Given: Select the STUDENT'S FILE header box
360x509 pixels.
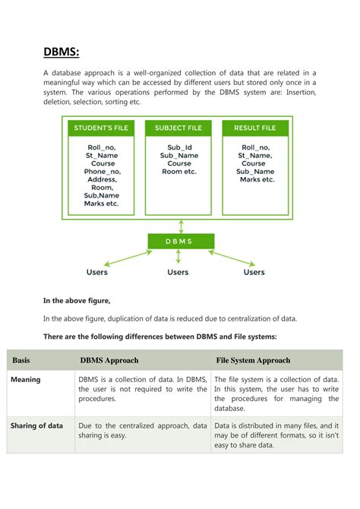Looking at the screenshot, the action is (x=101, y=128).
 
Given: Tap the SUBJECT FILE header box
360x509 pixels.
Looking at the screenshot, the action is (x=179, y=128).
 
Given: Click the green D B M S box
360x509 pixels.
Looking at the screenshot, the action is (x=180, y=242).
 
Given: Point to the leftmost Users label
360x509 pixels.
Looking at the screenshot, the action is (x=97, y=272).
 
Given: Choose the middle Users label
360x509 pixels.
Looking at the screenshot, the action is (x=178, y=272).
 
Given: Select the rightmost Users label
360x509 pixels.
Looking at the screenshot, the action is (x=254, y=272).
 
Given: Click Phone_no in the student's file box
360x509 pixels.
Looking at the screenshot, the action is (x=103, y=172).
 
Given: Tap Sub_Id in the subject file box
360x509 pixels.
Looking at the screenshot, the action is (x=179, y=147).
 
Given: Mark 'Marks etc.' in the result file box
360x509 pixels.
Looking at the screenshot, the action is (x=257, y=180).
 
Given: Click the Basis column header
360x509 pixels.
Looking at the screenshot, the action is (x=21, y=361).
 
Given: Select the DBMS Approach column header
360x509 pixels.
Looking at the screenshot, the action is (x=110, y=361).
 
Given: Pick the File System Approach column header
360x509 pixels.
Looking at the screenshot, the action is (x=253, y=361).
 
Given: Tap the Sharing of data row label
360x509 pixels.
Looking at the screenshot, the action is (x=36, y=426).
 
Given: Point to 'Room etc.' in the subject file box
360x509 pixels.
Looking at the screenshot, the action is (x=179, y=172).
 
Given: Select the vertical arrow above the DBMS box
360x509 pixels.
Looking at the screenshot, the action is (x=181, y=226).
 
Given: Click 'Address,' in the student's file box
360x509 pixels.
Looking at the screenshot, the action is (x=103, y=180).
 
